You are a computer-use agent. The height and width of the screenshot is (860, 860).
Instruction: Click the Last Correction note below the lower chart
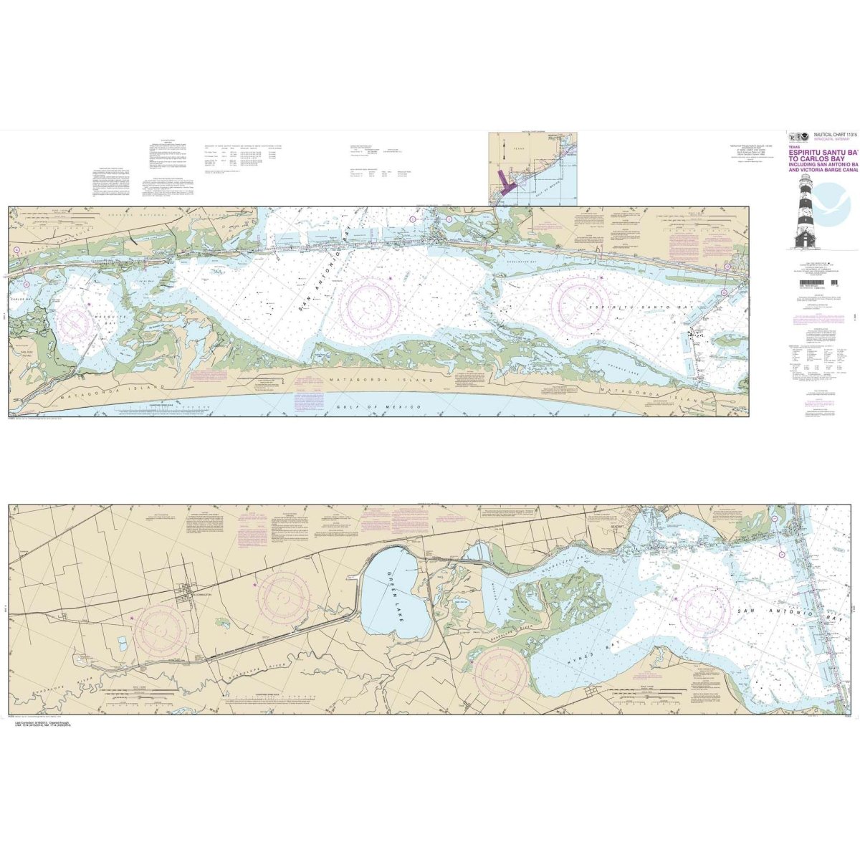(x=43, y=727)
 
